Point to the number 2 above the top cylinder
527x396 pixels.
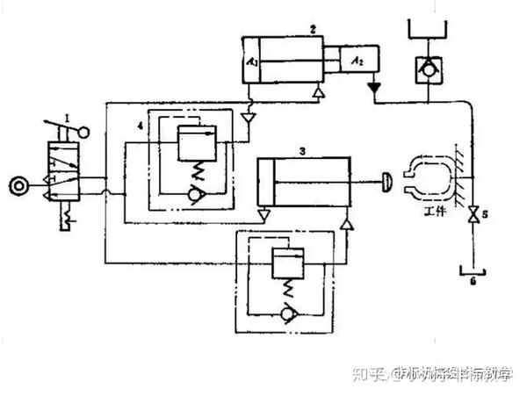pyautogui.click(x=312, y=29)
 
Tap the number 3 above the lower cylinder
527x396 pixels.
pyautogui.click(x=301, y=151)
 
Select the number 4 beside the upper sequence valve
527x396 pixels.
pyautogui.click(x=139, y=126)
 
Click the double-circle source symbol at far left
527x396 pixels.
pyautogui.click(x=16, y=184)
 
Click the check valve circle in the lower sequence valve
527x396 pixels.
pyautogui.click(x=286, y=312)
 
